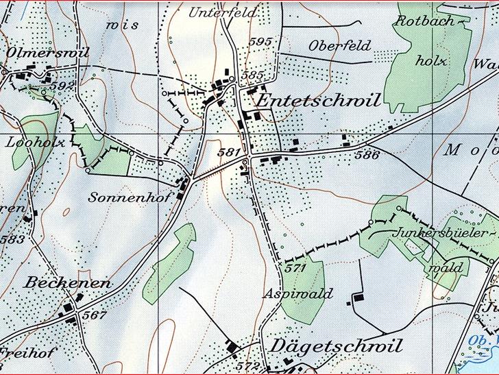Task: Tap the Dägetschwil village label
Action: pos(337,345)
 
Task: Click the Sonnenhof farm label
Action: pos(119,197)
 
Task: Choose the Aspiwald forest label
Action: pos(298,294)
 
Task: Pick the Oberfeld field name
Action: pos(339,46)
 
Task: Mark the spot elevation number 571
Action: pos(295,268)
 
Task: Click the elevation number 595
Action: pos(261,42)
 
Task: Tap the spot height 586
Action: pos(367,156)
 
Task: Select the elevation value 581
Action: pos(228,152)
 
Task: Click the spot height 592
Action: pos(62,85)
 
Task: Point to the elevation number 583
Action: pos(12,239)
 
